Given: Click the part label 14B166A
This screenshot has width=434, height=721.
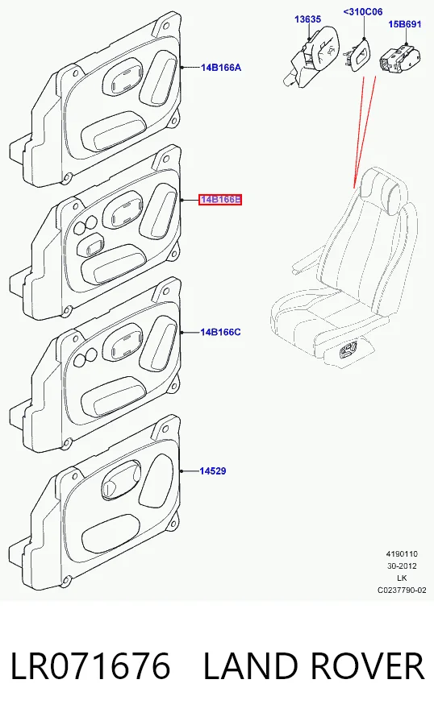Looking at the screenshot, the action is click(x=220, y=68).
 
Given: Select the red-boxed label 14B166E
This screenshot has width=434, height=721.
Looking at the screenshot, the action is click(x=220, y=200).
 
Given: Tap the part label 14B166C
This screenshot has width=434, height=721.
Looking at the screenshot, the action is click(x=220, y=332).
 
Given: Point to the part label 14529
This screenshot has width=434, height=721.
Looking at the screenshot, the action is click(x=213, y=470).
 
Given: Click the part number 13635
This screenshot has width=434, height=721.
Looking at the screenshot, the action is click(x=308, y=19).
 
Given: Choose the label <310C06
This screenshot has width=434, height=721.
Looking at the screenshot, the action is click(x=363, y=11).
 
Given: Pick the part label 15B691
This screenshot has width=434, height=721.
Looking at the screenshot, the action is click(x=404, y=24).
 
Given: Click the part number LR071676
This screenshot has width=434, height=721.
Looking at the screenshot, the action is click(x=90, y=666).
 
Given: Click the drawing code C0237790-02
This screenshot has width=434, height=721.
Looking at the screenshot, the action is click(x=402, y=590).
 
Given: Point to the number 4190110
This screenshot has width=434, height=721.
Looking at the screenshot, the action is click(x=402, y=554).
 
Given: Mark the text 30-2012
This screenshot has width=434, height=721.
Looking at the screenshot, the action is click(x=402, y=566).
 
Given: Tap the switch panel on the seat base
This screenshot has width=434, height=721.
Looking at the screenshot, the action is click(x=348, y=352).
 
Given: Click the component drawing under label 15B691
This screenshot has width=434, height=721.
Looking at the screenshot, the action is click(x=399, y=58).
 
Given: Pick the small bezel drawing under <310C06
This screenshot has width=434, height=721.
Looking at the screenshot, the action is click(x=360, y=54).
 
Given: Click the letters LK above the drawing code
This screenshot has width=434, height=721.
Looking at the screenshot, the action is click(x=402, y=578).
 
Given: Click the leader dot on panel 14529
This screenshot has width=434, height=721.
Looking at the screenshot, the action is click(x=182, y=471).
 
